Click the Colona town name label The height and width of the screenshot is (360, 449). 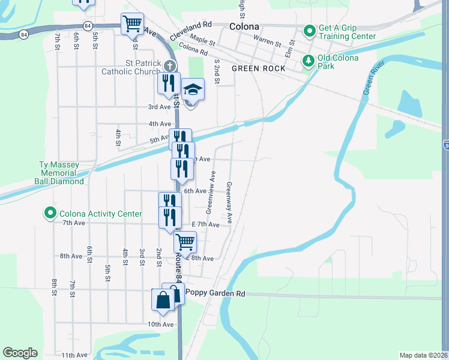click(245, 27)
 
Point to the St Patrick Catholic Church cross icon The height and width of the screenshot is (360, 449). click(170, 65)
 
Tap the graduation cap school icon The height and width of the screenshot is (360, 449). click(193, 90)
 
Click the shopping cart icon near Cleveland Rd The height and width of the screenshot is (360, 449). click(132, 25)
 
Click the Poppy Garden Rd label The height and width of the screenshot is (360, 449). click(216, 293)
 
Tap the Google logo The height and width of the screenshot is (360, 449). click(20, 353)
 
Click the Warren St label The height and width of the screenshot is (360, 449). click(267, 43)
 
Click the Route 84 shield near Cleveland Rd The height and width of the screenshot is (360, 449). click(89, 26)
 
